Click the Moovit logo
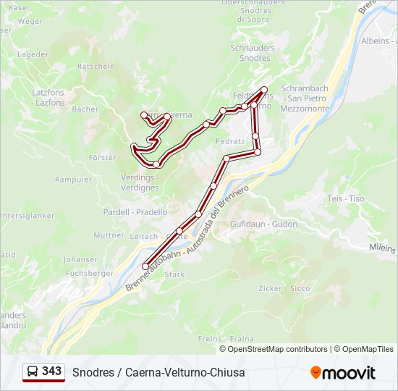(x=343, y=373)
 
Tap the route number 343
(x=51, y=371)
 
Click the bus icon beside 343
(x=33, y=372)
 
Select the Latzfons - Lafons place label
(x=48, y=98)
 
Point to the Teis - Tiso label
(x=346, y=198)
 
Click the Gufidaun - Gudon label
(x=263, y=224)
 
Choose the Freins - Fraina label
(x=236, y=339)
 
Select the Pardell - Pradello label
(x=135, y=212)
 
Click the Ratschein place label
(x=96, y=67)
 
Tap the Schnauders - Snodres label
(x=253, y=53)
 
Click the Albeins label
(x=374, y=41)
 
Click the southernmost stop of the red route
(x=145, y=266)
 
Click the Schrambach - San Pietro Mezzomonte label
(x=305, y=98)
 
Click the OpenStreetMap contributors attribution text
(x=278, y=349)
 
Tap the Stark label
(x=175, y=275)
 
